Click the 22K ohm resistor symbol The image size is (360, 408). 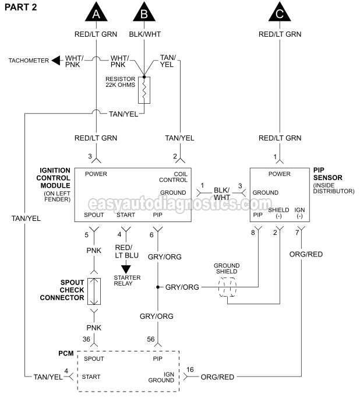144,90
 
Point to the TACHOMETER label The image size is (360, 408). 29,60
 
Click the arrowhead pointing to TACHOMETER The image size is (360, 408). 57,60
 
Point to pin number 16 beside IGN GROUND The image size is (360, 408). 189,370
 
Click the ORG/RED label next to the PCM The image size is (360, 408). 217,377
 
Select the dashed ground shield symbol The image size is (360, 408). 227,287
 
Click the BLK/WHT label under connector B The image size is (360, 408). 144,34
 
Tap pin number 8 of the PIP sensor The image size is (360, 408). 253,233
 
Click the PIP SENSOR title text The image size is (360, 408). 327,174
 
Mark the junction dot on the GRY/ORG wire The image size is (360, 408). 157,287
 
